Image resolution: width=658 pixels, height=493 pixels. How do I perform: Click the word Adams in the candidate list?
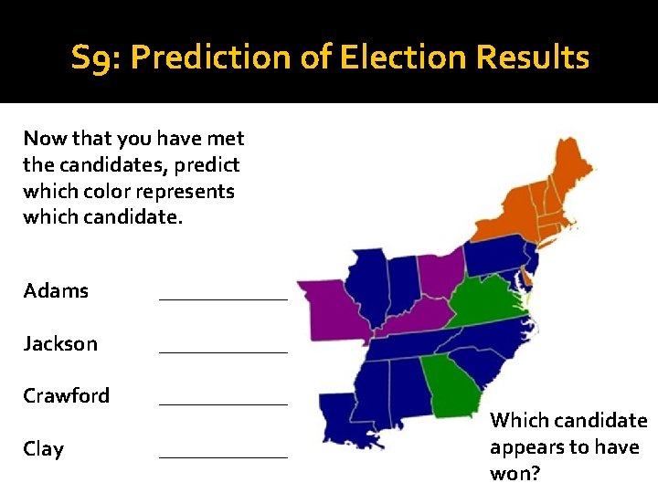56,291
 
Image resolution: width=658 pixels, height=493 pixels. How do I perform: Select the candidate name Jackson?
59,344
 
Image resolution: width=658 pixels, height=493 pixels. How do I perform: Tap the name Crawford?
66,396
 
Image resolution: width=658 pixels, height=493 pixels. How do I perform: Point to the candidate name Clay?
43,449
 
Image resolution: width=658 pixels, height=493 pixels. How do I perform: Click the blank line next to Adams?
223,297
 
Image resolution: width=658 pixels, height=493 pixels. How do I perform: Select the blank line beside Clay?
223,455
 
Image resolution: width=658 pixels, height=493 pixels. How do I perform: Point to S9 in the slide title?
95,58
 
